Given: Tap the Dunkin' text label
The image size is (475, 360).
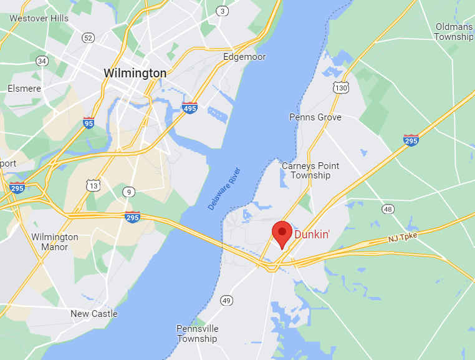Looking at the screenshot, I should pos(312,235).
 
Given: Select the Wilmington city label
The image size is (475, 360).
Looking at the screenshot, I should pos(135,73).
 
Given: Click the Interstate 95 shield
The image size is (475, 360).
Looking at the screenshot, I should pos(89,124).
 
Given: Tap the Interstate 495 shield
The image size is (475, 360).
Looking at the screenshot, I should pos(190,108).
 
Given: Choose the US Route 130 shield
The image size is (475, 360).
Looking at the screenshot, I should pos(340,89).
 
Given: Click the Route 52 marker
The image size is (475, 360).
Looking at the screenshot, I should pos(88,38).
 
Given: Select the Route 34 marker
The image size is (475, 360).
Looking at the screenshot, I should pos(42,61).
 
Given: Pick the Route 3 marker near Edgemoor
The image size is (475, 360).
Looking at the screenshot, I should pos(222,11).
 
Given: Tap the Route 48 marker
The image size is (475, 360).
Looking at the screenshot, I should pos(388,208).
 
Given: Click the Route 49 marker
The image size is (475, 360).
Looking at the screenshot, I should pos(226,301).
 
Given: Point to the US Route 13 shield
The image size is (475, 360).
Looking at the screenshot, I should pos(93,185).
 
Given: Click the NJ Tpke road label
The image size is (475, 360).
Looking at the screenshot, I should pos(401,238).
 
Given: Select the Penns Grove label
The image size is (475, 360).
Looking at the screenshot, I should pos(315,117).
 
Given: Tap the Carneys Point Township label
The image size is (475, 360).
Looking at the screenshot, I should pos(310,170).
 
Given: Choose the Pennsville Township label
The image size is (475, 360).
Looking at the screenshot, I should pos(197,334).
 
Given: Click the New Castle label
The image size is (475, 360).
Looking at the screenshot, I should pos(94,314).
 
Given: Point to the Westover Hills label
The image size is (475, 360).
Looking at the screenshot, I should pos(39,18).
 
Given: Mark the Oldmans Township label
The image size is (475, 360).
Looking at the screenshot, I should pos(454,32).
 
